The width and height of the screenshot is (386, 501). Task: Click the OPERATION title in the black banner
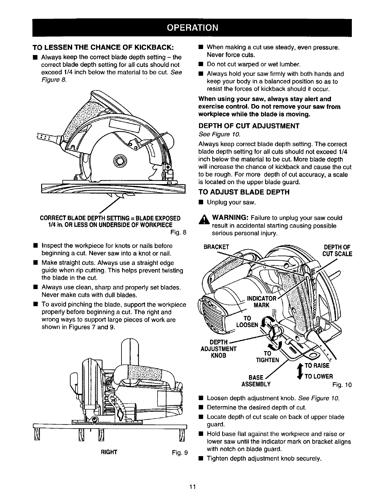(192, 28)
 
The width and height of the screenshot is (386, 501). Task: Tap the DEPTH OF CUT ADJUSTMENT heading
(249, 126)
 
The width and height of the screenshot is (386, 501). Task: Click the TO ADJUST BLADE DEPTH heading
(244, 192)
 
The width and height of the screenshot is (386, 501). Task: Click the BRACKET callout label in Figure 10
(216, 247)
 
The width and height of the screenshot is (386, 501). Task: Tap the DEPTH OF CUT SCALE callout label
(337, 250)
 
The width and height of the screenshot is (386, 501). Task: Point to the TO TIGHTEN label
(268, 357)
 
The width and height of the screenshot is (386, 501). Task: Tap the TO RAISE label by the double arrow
(317, 366)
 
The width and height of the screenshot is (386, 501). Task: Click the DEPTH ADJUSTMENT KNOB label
(219, 349)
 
